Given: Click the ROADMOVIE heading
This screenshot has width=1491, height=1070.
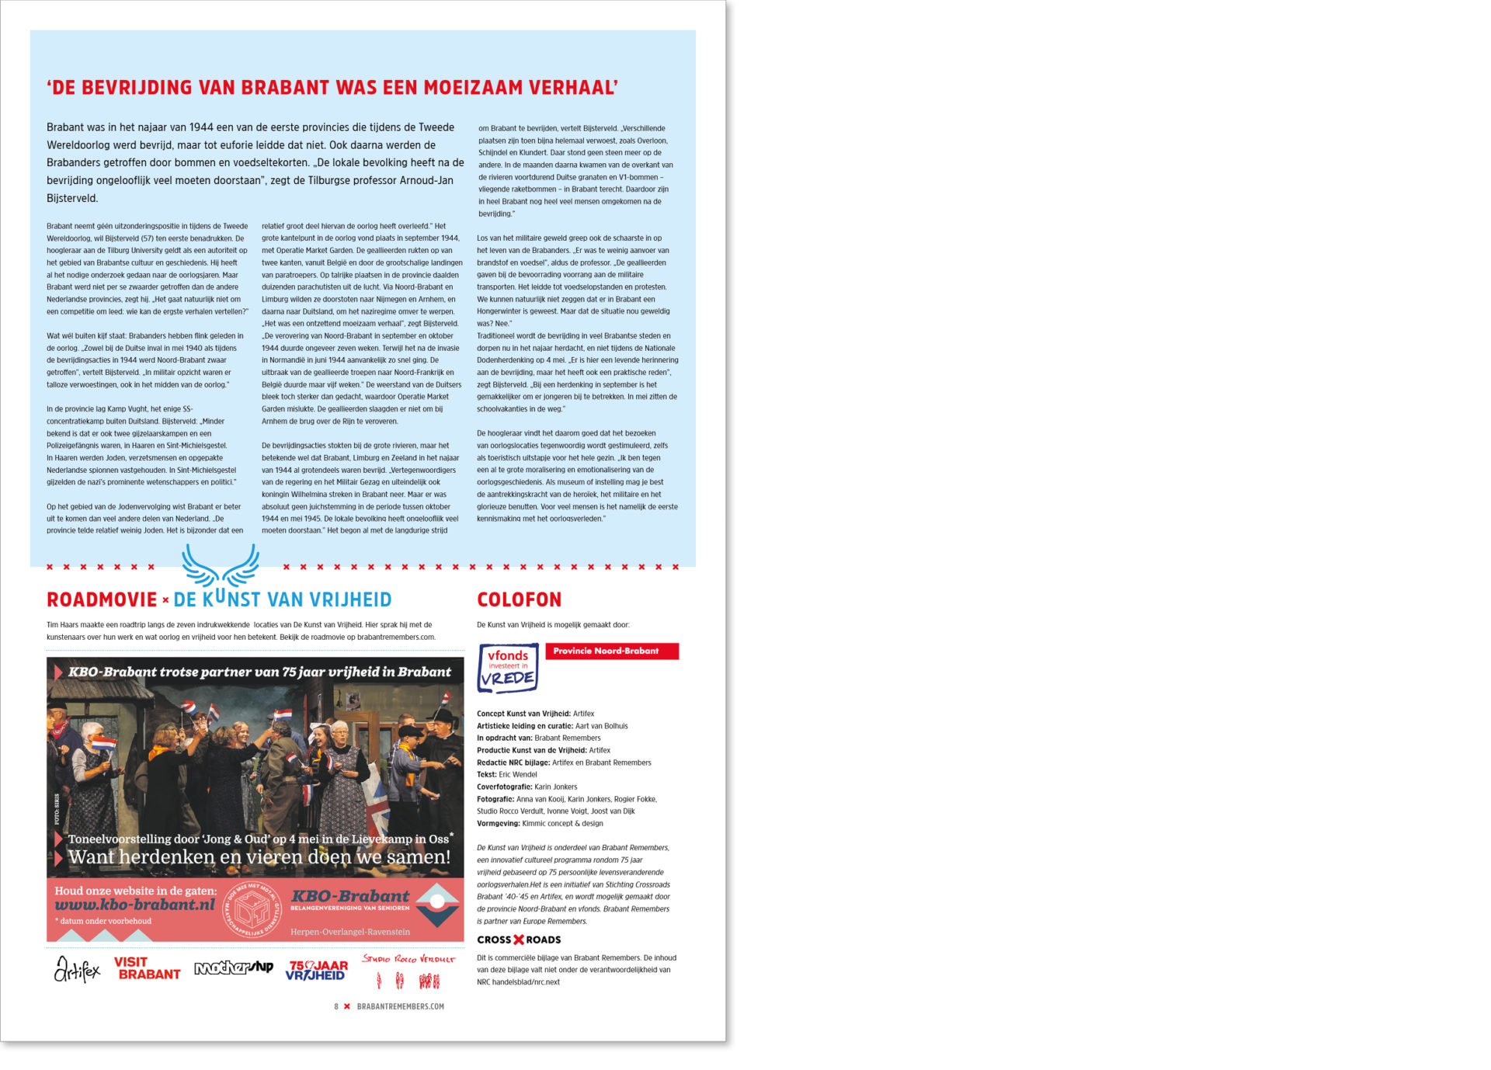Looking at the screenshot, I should [102, 599].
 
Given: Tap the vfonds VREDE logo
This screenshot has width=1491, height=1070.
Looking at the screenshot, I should [508, 668].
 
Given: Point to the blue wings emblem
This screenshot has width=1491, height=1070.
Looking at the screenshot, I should [221, 565].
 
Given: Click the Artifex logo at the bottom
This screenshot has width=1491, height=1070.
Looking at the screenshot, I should [77, 969].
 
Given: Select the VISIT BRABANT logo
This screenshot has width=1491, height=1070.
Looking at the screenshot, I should [147, 968].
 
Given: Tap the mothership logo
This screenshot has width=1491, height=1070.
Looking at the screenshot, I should [234, 968].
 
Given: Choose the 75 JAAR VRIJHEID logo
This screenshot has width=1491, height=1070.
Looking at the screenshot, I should [316, 970].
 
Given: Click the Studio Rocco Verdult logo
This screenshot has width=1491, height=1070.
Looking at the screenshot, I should [408, 971].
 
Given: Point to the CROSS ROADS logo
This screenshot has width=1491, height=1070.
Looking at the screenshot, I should [519, 940].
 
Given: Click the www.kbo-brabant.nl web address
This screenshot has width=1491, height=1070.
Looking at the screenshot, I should [135, 905].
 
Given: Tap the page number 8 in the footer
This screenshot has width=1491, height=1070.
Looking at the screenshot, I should [336, 1006].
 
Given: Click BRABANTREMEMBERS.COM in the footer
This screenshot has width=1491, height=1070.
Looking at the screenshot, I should [401, 1006].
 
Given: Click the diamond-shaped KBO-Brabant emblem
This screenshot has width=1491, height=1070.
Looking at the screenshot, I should [437, 905].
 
